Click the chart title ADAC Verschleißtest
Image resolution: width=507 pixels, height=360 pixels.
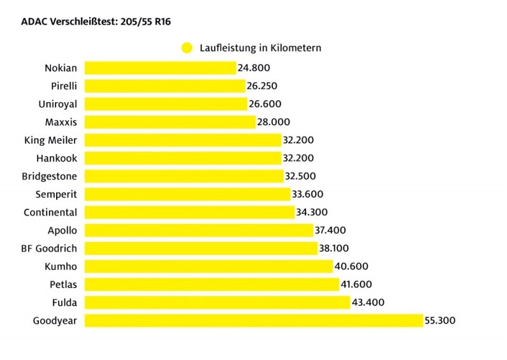pos(96,22)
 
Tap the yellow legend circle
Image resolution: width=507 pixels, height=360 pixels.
pos(187,47)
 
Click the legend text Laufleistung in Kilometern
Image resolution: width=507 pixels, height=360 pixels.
pos(260,47)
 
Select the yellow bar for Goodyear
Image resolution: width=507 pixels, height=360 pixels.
pos(254,320)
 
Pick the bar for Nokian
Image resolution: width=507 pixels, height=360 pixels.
pos(160,68)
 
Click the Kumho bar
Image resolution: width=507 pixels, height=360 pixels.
pos(209,266)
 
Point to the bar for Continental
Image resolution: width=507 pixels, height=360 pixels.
pos(189,212)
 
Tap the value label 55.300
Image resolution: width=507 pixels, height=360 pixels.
pos(440,320)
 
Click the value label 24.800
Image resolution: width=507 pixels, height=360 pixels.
pos(254,68)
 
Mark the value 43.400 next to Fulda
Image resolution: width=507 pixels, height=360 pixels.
pos(368,303)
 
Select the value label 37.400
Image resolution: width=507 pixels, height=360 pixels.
pos(332,230)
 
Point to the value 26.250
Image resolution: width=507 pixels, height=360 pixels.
pos(262,86)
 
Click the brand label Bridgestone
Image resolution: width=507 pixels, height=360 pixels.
pos(50,176)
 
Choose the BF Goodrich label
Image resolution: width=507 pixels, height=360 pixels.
pos(49,248)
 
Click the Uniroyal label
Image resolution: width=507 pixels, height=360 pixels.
pos(57,103)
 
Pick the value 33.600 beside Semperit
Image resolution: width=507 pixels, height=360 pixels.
pos(308,194)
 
